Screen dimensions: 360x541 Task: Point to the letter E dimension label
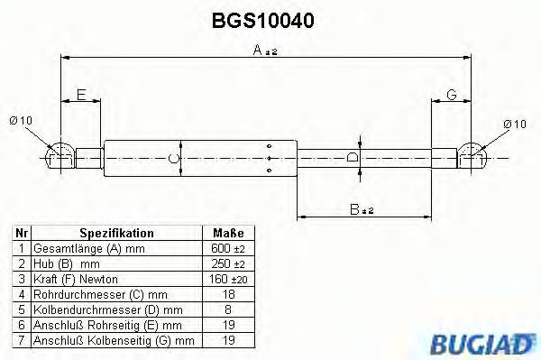pos(81,95)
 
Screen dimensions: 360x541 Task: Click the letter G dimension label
pos(451,95)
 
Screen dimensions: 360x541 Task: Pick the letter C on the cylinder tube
pos(175,159)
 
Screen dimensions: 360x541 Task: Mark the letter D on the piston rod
pos(353,158)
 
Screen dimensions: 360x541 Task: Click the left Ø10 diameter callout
pos(21,123)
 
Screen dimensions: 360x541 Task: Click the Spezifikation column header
pos(117,233)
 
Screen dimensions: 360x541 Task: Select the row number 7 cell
pos(20,340)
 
